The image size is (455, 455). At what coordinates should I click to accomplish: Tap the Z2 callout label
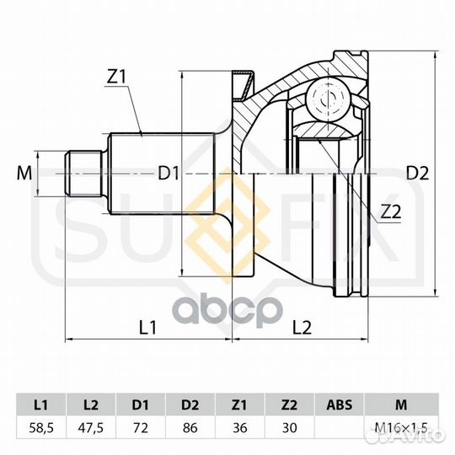[x=391, y=211]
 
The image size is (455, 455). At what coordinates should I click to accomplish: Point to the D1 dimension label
[x=168, y=174]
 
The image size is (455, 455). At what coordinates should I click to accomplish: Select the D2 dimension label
[x=417, y=174]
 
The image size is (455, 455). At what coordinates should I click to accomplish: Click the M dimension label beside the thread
[x=24, y=174]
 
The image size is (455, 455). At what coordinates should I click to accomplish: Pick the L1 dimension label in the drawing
[x=148, y=327]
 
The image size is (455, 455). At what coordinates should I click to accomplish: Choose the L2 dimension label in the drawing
[x=302, y=327]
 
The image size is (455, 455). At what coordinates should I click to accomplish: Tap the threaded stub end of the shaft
[x=84, y=174]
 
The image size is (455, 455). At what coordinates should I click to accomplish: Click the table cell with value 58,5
[x=41, y=428]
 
